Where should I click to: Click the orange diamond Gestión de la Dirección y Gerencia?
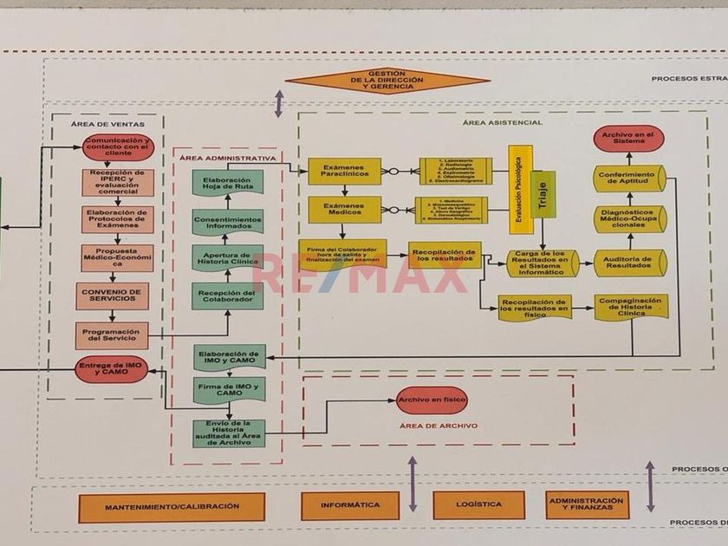[387, 81]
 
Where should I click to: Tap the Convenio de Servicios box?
[112, 296]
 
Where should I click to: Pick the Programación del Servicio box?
[112, 335]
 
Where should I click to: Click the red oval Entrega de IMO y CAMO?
[112, 369]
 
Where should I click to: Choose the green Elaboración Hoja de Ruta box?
[228, 183]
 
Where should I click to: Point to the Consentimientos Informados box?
[228, 221]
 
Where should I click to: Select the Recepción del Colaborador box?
[228, 296]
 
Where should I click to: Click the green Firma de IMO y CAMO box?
[229, 387]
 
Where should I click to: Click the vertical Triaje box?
[543, 194]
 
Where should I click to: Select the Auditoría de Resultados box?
[629, 263]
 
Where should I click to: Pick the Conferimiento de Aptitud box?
[629, 179]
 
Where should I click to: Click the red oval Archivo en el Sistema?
[629, 139]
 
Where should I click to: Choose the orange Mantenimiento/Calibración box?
[172, 506]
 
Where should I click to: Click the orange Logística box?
[478, 504]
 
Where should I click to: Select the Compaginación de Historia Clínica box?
[630, 307]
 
